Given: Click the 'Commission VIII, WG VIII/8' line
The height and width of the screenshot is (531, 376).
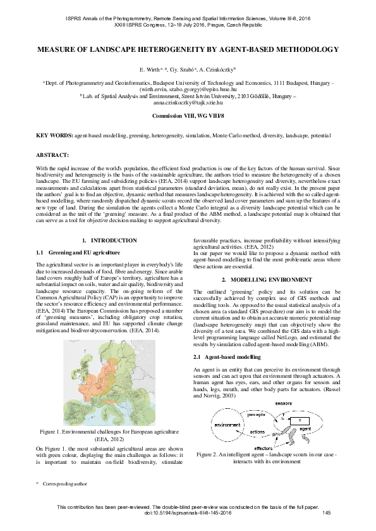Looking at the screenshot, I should coord(188,118).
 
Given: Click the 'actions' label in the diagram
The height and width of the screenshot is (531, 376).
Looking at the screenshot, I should coord(257,432).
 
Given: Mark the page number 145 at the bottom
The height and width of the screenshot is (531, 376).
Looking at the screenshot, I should coord(326,513).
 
